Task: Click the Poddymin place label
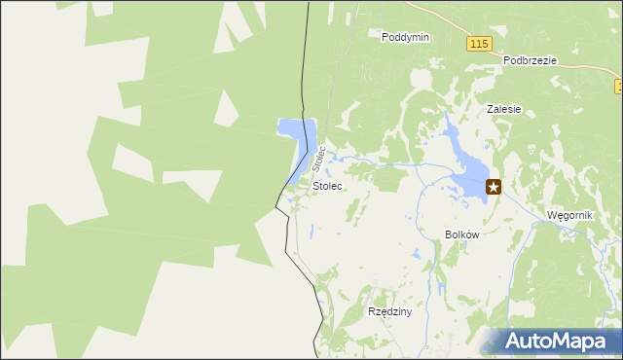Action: pos(406,36)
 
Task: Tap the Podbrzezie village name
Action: pos(530,59)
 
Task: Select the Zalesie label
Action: pos(504,110)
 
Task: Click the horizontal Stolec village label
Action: pos(327,185)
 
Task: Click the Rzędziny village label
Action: pos(390,312)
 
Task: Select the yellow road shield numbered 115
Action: pos(477,45)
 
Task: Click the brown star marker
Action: pos(494,187)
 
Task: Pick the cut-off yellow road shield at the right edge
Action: pos(619,88)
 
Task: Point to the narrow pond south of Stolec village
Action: pos(311,232)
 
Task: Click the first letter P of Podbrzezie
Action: pos(507,59)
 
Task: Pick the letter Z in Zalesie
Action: pos(491,110)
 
